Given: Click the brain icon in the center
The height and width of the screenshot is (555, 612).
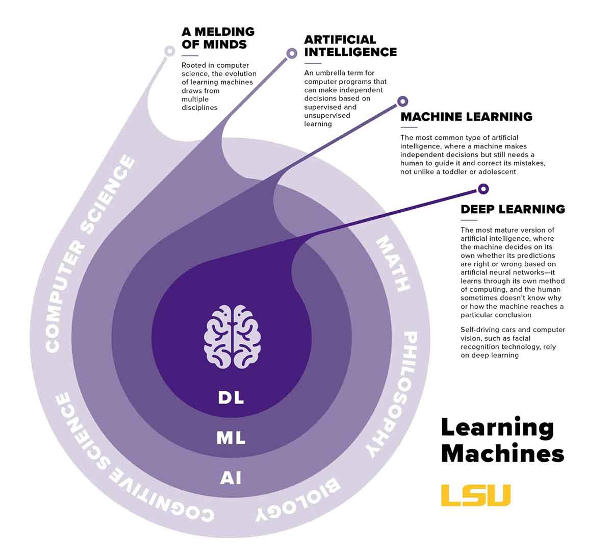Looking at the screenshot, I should tap(233, 337).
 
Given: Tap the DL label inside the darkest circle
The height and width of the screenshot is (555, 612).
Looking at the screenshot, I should tap(231, 397).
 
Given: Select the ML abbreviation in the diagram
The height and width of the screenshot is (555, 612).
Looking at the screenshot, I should tap(231, 438).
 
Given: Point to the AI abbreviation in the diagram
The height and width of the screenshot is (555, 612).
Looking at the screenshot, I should tap(231, 478).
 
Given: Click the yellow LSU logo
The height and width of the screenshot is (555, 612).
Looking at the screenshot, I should tap(476, 495).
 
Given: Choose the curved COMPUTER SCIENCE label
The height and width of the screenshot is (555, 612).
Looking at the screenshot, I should tap(90, 255).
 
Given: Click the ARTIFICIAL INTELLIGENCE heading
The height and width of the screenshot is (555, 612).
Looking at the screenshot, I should tap(350, 46).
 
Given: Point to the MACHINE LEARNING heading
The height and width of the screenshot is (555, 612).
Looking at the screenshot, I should tap(466, 117).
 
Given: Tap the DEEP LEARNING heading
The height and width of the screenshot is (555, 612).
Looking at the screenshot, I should tap(513, 209).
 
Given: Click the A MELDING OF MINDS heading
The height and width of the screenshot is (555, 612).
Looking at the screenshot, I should tap(218, 38).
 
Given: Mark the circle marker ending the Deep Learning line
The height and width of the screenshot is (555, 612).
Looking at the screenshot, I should tap(483, 189).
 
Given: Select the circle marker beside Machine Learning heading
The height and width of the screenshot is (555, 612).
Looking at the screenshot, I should tap(402, 102).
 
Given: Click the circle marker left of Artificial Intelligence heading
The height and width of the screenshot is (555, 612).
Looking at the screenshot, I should tap(292, 53).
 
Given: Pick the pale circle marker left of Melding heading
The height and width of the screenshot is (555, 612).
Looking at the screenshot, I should tap(169, 51).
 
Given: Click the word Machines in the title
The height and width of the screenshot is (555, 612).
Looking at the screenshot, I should tap(502, 453).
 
